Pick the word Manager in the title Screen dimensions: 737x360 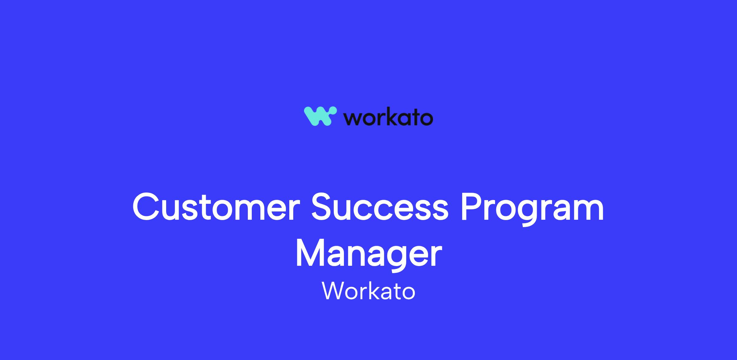368,255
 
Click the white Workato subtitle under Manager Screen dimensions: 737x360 368,290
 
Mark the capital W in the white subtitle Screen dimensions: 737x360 334,290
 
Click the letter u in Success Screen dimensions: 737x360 349,211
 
